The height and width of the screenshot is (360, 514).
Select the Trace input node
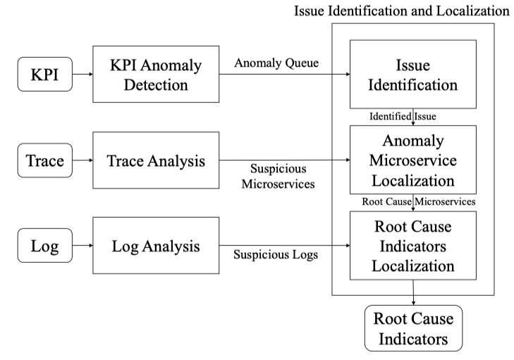(44, 161)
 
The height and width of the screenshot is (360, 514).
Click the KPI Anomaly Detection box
(156, 75)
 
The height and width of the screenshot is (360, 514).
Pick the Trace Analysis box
(156, 161)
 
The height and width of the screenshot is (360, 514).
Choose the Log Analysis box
(156, 247)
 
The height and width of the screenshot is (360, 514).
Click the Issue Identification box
(412, 75)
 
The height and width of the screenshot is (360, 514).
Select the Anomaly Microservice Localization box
(412, 160)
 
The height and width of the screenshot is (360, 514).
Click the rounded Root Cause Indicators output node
(413, 328)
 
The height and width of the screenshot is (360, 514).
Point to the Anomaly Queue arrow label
(277, 63)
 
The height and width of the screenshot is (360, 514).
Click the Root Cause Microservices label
(417, 201)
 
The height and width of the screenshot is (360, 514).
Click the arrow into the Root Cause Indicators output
(413, 292)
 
